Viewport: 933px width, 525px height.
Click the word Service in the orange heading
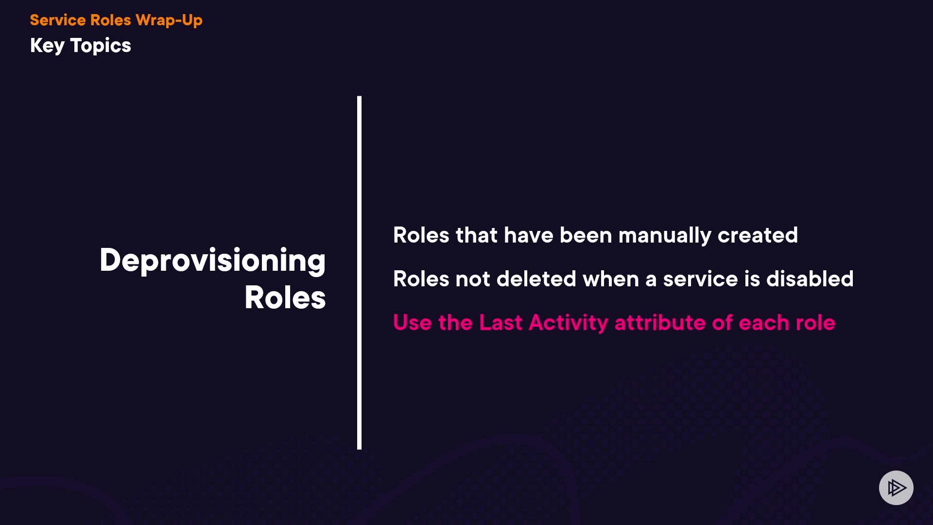57,20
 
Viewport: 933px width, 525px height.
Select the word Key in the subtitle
47,46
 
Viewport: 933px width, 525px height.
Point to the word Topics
101,46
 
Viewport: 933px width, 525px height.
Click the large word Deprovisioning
213,261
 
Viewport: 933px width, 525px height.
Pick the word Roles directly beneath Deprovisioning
285,297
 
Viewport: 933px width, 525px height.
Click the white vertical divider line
359,273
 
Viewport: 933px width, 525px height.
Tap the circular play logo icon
896,488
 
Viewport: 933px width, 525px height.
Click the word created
758,235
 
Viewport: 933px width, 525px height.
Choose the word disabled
810,279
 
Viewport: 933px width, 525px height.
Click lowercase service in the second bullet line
701,280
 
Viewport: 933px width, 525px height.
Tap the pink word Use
413,323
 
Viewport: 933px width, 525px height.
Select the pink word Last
501,323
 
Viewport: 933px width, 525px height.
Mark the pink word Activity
569,323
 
